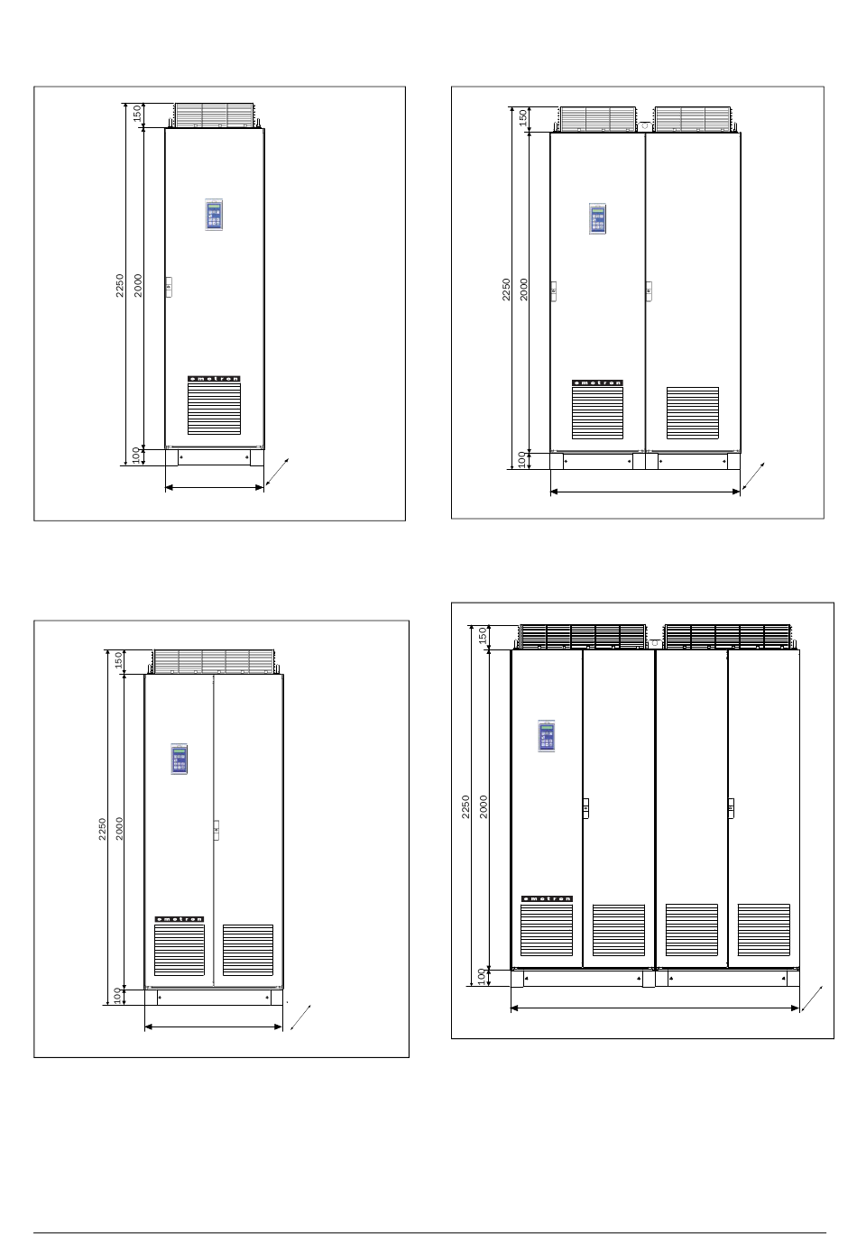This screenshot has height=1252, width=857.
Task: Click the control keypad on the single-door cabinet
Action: click(x=214, y=215)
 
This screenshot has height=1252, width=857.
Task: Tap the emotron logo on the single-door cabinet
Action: click(x=214, y=379)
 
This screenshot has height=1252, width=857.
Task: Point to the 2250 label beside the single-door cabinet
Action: click(x=120, y=286)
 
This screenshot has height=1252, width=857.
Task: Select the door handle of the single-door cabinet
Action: click(x=169, y=287)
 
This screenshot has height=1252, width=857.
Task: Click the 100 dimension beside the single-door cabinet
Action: click(x=135, y=456)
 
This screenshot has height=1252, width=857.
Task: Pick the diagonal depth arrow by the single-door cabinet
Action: click(x=277, y=472)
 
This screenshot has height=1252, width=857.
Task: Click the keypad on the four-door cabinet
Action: click(x=546, y=736)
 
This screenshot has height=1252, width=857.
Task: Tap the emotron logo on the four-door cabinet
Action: click(x=547, y=898)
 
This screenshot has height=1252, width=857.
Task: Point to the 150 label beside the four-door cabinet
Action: click(x=483, y=636)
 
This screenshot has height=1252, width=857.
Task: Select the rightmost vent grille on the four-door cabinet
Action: click(x=764, y=930)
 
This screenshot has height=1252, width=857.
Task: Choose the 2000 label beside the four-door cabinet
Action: click(x=484, y=807)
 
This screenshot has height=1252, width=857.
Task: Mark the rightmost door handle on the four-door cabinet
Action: click(x=731, y=808)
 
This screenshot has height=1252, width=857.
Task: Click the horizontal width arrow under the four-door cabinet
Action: click(x=655, y=1008)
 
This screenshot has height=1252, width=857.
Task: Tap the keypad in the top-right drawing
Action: click(x=597, y=218)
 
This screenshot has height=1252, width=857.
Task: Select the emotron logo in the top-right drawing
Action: click(x=597, y=382)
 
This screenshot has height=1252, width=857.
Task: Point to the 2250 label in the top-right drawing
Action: click(x=506, y=290)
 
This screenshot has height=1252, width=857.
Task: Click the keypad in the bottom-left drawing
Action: click(x=179, y=759)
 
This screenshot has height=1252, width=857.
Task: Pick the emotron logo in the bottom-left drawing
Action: click(x=180, y=919)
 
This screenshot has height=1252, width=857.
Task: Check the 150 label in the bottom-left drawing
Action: click(x=118, y=660)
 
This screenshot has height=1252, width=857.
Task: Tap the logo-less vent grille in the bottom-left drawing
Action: click(x=248, y=950)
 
